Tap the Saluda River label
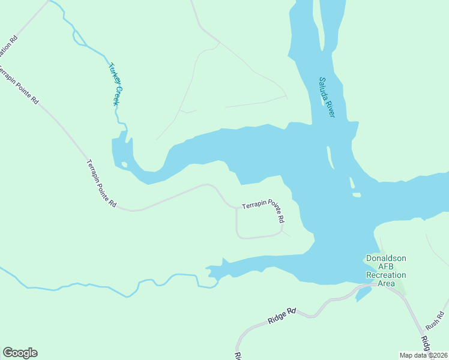pyautogui.click(x=327, y=97)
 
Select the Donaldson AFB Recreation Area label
pyautogui.click(x=386, y=271)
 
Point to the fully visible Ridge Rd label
pyautogui.click(x=283, y=316)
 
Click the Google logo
pyautogui.click(x=20, y=353)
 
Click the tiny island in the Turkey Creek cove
pyautogui.click(x=124, y=164)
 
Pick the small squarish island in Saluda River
pyautogui.click(x=357, y=194)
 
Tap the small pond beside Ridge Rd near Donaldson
pyautogui.click(x=363, y=294)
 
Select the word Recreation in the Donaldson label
pyautogui.click(x=386, y=275)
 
